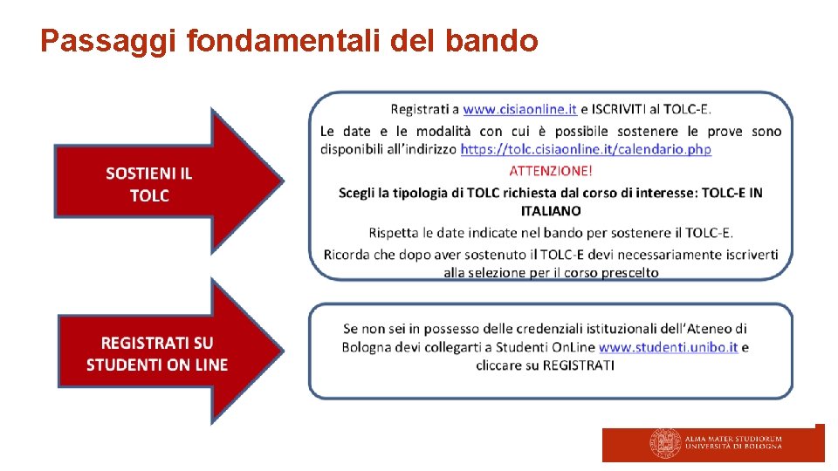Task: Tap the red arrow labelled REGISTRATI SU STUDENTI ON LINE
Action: [157, 353]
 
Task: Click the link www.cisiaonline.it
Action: [519, 109]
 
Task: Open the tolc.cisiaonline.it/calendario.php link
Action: [585, 149]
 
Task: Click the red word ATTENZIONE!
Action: [550, 170]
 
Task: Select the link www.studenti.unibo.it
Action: [668, 346]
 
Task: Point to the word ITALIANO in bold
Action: [550, 210]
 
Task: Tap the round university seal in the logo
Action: [665, 443]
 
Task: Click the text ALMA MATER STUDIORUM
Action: [733, 439]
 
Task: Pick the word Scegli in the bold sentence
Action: [358, 192]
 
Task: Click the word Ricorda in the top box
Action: [347, 254]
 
